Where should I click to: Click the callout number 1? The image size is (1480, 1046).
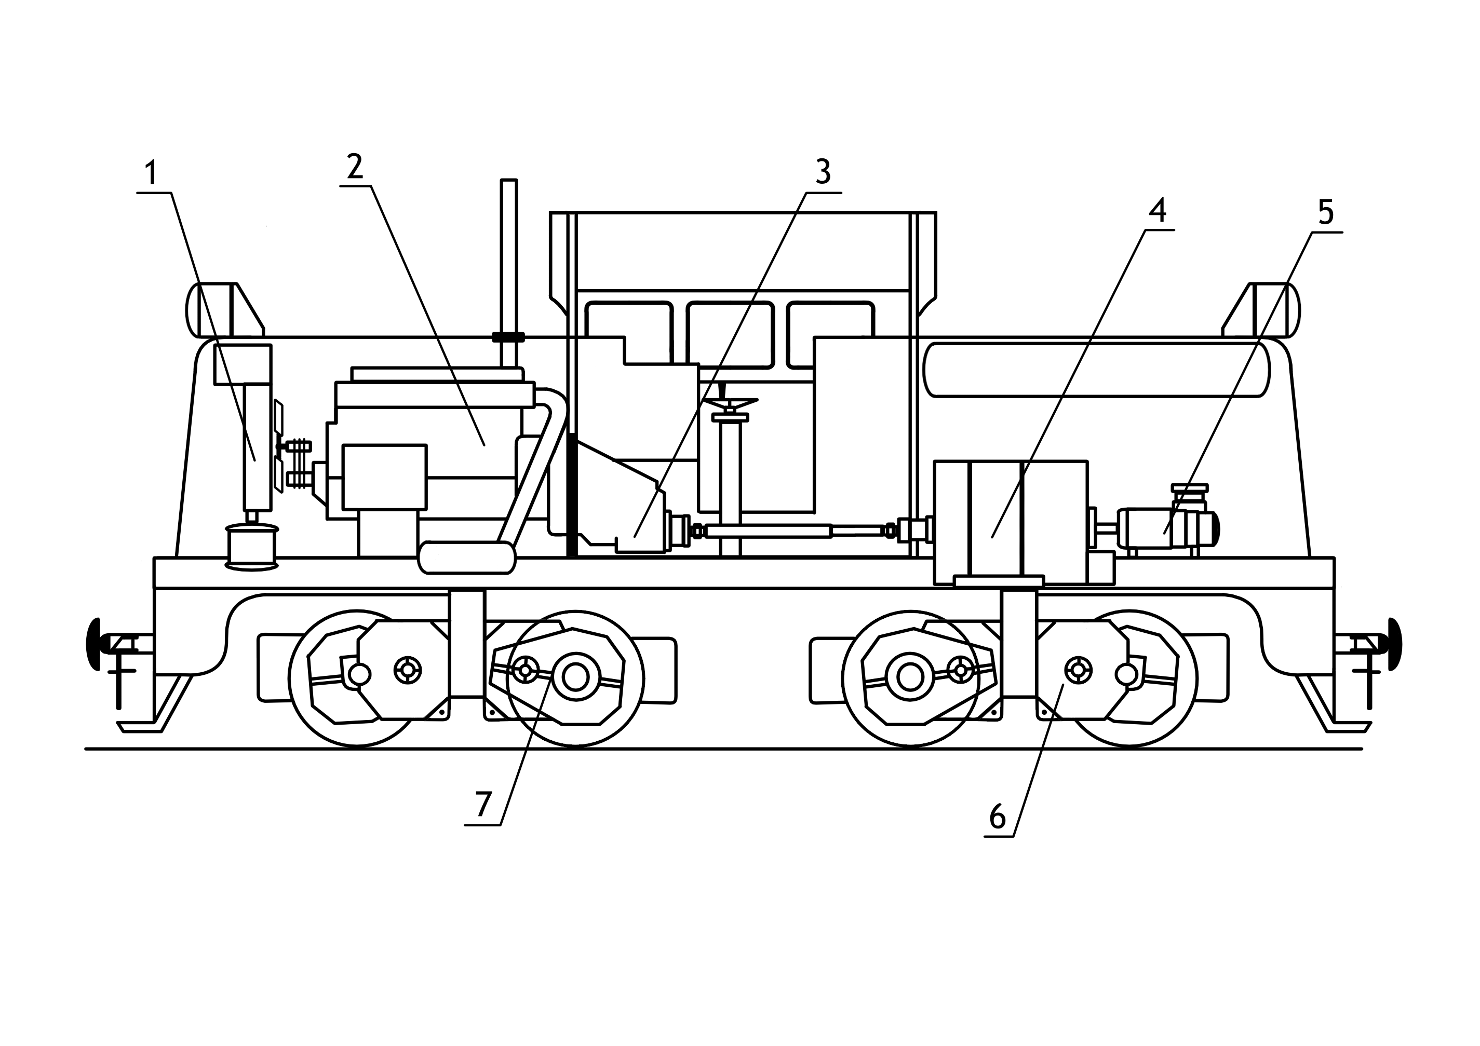click(x=151, y=173)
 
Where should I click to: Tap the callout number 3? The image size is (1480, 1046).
click(x=823, y=171)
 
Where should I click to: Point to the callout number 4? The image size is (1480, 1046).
click(x=1158, y=211)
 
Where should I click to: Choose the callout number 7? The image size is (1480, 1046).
click(x=483, y=804)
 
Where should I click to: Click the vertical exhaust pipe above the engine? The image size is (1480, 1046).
click(x=508, y=258)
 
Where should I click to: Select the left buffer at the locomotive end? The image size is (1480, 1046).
click(x=94, y=644)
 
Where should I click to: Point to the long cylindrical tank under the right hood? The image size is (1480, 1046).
click(x=1096, y=370)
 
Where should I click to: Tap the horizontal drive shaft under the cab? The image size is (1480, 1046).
click(x=793, y=531)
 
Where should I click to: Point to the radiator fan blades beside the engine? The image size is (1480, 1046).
click(x=278, y=445)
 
